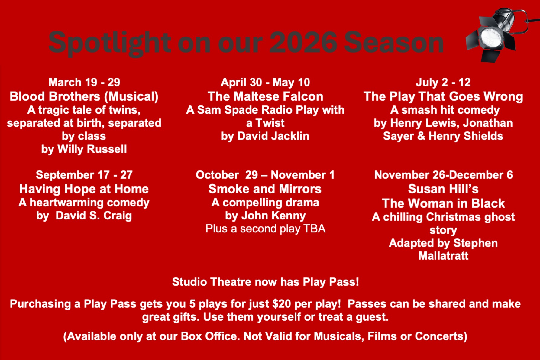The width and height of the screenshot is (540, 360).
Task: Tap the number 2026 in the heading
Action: (303, 42)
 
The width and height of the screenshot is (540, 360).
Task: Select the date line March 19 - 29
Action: (84, 82)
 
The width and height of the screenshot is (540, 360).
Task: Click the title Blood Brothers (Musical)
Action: (84, 96)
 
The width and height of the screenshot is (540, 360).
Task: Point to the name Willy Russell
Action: (92, 149)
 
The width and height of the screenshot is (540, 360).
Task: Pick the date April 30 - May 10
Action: (265, 82)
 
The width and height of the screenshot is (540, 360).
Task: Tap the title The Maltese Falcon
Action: (265, 96)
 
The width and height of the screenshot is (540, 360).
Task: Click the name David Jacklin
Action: (273, 136)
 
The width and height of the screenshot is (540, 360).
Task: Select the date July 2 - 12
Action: (443, 82)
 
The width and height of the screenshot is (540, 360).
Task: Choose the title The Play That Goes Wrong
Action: (443, 96)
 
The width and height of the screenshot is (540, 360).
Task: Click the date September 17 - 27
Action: (84, 175)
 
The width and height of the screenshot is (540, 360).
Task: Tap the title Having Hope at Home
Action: (84, 189)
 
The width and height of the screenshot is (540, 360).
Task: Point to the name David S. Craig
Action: (94, 216)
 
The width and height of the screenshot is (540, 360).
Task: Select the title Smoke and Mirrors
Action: (265, 189)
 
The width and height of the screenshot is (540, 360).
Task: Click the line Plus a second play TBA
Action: (265, 229)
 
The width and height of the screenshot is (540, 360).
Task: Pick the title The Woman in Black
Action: (443, 203)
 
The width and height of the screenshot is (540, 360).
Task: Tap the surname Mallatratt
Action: (443, 256)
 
